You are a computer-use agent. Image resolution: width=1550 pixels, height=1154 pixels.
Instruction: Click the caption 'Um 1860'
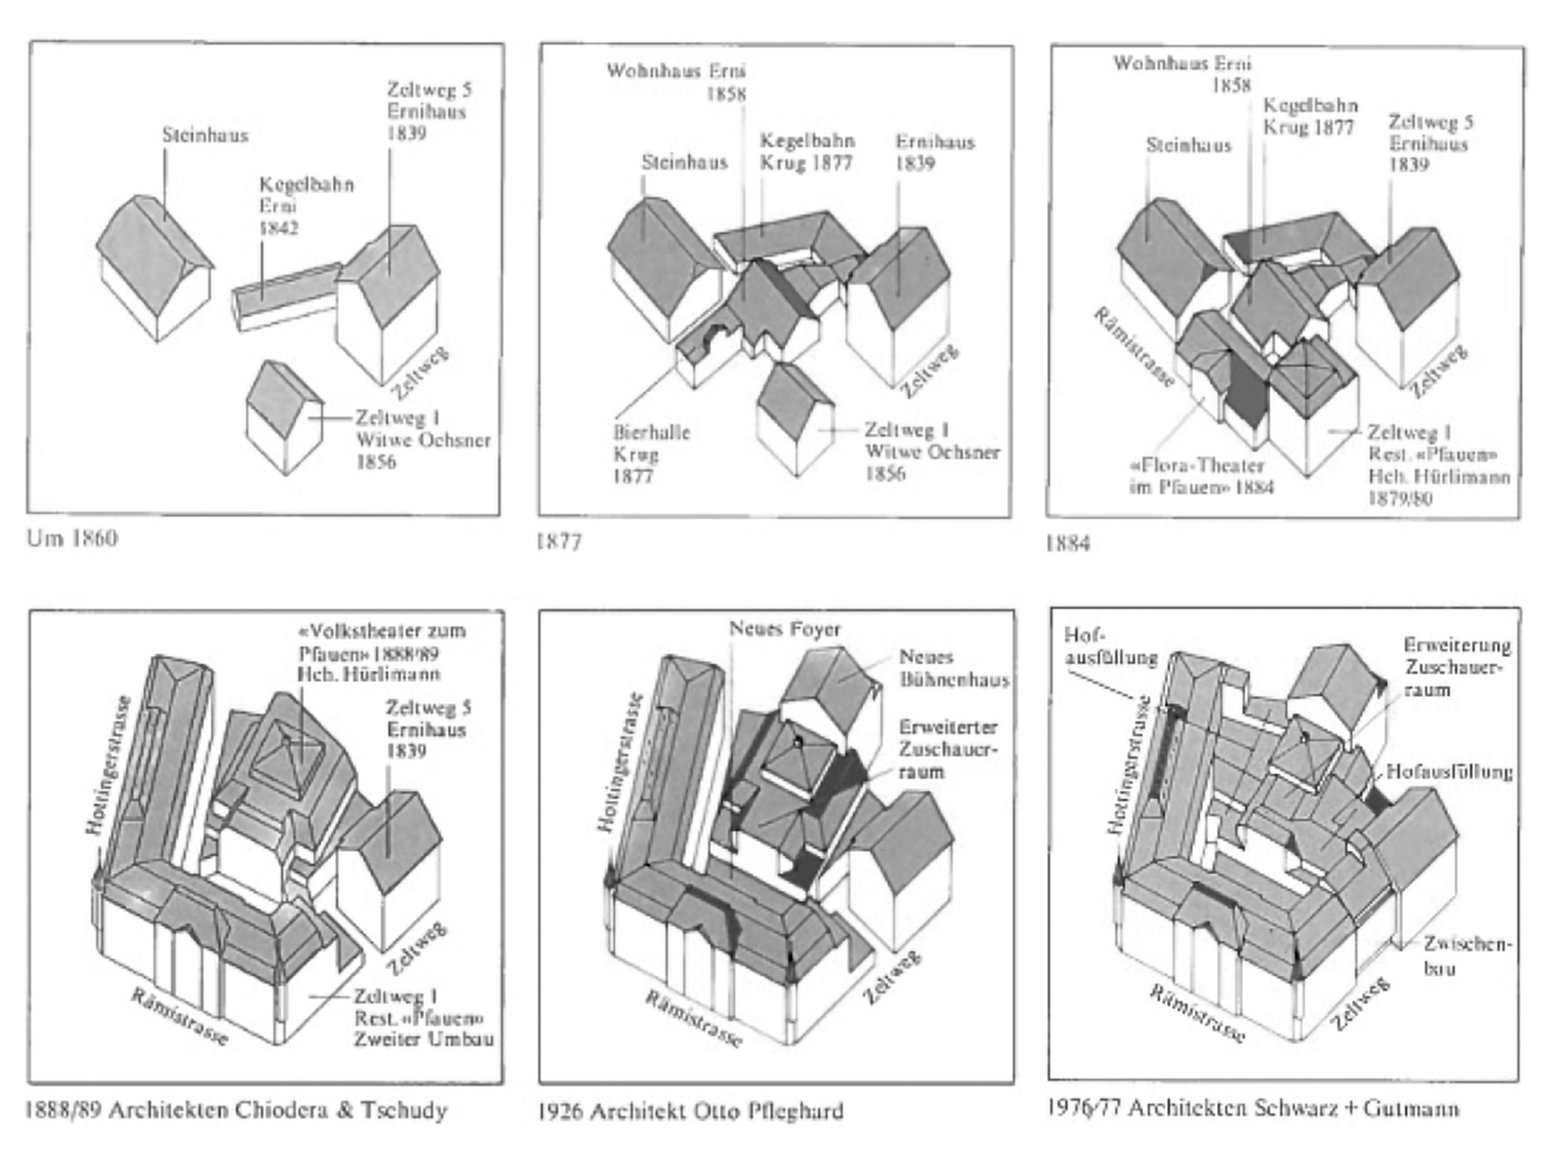(72, 538)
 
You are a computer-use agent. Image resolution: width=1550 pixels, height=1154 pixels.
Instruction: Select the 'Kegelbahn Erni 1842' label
(305, 206)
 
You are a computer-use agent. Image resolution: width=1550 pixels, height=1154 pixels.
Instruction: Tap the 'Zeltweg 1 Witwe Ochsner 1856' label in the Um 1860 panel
(422, 440)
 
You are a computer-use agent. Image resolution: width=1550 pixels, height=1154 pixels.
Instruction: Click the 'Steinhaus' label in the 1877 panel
(684, 162)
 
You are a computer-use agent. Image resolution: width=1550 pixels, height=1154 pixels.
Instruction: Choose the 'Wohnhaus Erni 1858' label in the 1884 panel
(1181, 74)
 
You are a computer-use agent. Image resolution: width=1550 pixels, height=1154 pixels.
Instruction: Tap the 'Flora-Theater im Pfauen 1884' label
(1201, 475)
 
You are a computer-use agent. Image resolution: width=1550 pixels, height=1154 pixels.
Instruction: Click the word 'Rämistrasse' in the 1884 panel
(1133, 348)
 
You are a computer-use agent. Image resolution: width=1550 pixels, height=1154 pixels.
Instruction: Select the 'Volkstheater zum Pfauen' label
(381, 653)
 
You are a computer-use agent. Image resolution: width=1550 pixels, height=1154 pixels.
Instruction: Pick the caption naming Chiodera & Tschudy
(236, 1110)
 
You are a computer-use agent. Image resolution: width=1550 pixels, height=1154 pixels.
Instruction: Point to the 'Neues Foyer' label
(784, 629)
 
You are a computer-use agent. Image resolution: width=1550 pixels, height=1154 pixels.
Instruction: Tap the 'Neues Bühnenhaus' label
(953, 668)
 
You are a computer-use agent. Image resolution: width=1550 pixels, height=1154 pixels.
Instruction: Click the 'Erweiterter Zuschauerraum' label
(947, 749)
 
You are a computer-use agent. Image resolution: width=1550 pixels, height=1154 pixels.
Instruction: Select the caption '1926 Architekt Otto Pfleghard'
(690, 1111)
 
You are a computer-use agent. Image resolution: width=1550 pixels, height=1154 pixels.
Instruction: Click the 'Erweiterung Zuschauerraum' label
(1456, 667)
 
